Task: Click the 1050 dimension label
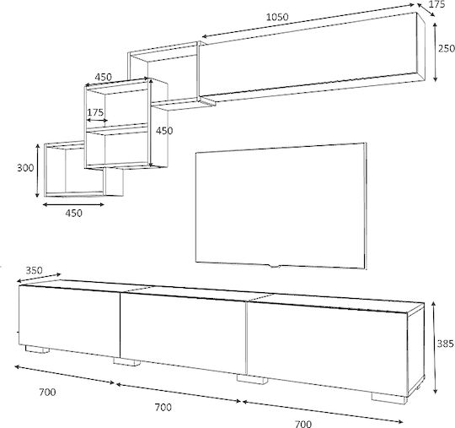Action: point(277,17)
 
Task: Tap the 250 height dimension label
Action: point(447,48)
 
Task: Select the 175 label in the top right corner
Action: point(436,4)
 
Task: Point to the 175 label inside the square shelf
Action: point(95,112)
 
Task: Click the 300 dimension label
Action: point(25,168)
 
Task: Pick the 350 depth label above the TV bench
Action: point(34,270)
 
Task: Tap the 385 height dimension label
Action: point(446,344)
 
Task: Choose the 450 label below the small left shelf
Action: point(73,213)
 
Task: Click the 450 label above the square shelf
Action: point(104,77)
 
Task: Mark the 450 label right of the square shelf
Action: point(164,131)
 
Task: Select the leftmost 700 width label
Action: point(47,393)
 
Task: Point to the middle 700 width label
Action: point(163,408)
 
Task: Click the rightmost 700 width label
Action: point(303,424)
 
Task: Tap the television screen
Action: point(280,205)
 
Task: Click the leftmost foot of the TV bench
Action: point(36,349)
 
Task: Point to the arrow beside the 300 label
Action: point(37,171)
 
